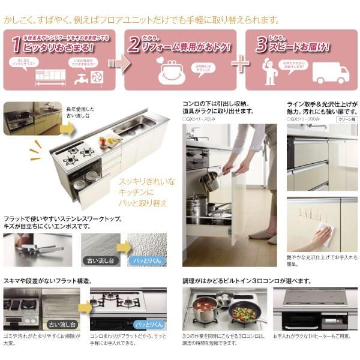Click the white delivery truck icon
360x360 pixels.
pyautogui.click(x=330, y=73)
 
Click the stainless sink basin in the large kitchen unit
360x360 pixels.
pyautogui.click(x=134, y=125)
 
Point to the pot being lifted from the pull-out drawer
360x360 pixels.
pyautogui.click(x=210, y=180)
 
